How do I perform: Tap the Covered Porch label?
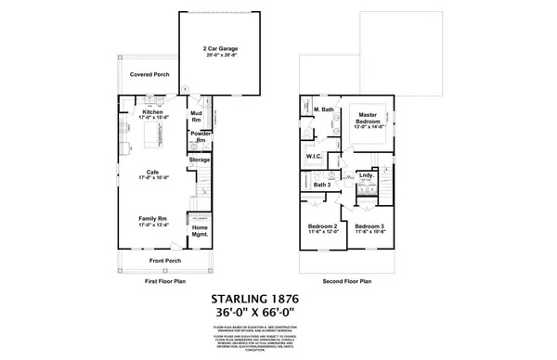coord(149,73)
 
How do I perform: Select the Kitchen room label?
coord(152,111)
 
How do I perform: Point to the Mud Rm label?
coord(197,117)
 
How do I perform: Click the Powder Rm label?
coord(200,136)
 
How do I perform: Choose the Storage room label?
coord(200,160)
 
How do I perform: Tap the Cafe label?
coord(152,172)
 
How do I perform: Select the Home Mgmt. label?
coord(200,233)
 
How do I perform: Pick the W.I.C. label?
coord(314,156)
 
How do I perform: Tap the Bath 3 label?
coord(321,186)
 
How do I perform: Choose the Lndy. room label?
coord(366,174)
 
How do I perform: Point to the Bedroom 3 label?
coord(369,226)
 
